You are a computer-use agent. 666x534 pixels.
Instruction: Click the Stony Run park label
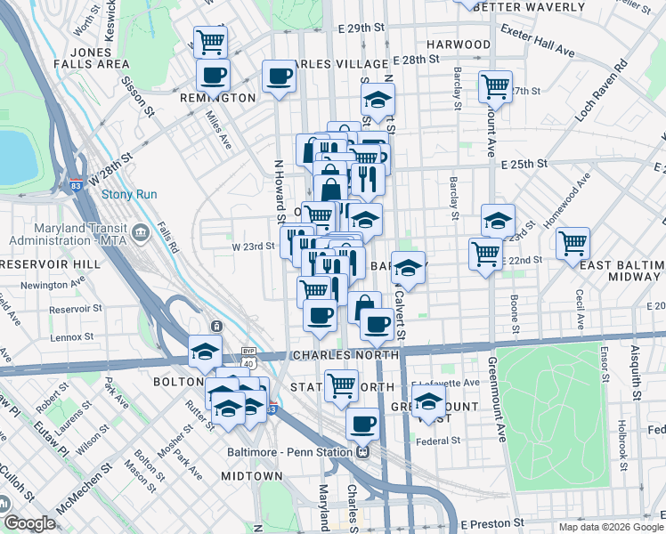129,194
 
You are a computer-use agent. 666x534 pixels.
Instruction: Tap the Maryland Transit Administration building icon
141,233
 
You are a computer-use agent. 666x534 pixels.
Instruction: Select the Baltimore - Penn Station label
287,450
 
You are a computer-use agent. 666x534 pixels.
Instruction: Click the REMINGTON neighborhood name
218,98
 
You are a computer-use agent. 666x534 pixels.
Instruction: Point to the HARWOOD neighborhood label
459,44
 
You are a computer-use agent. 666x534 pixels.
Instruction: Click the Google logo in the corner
29,523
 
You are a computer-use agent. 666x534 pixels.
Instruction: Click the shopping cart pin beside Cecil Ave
573,242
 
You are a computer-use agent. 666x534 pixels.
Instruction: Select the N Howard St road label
278,187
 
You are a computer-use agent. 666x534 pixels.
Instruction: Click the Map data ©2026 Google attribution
610,527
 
